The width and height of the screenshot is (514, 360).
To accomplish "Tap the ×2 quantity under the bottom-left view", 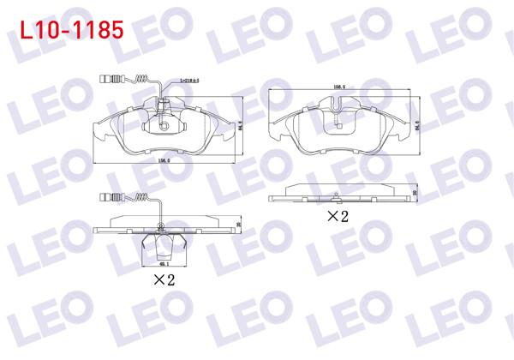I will [x=164, y=280].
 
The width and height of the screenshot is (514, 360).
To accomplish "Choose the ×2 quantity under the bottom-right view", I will [x=338, y=217].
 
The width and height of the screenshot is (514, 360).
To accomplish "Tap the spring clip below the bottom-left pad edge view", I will [x=164, y=244].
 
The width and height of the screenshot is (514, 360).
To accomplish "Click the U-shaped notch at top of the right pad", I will [x=339, y=106].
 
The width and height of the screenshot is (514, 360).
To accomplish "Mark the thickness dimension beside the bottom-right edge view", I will [x=415, y=195].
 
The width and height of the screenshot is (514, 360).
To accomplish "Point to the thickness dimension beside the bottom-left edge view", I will [x=240, y=225].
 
